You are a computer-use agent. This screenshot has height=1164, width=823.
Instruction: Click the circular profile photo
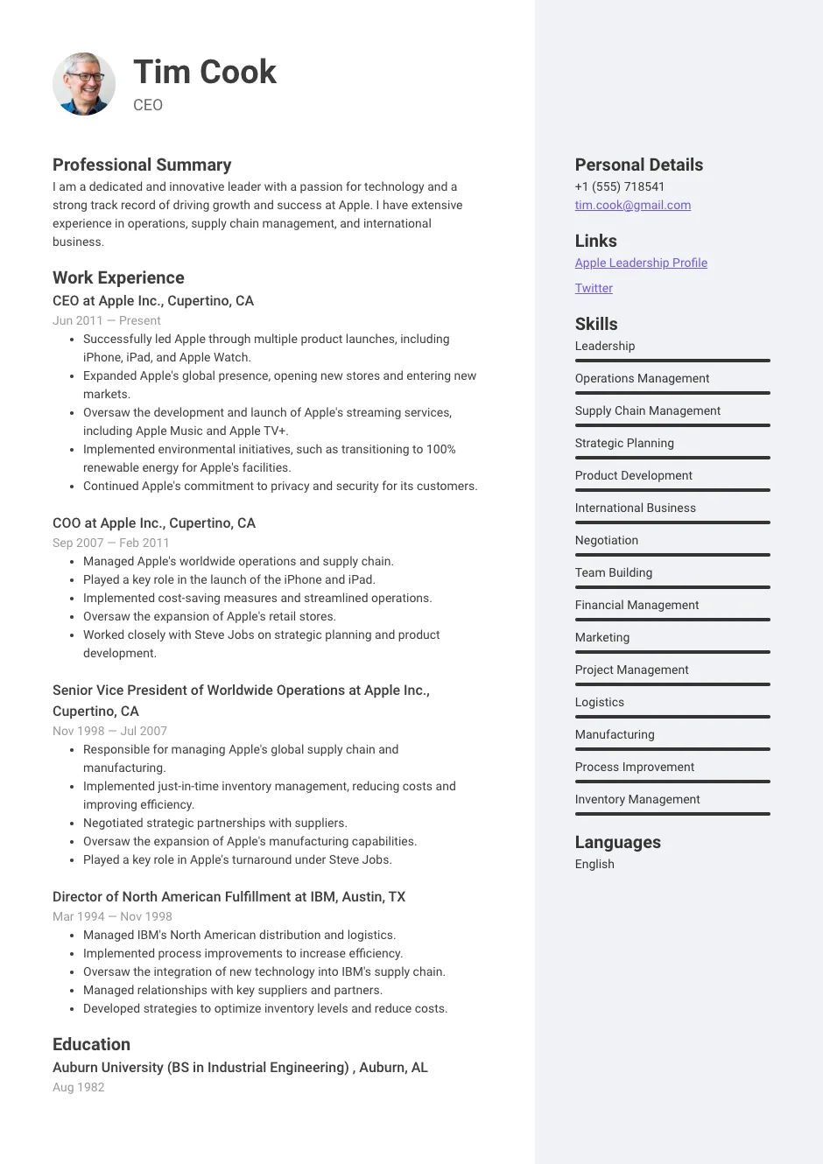coord(84,84)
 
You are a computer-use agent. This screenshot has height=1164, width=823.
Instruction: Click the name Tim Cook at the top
coord(204,72)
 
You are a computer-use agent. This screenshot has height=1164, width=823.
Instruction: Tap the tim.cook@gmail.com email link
coord(632,205)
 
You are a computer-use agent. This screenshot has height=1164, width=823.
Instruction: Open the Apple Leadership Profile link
coord(640,263)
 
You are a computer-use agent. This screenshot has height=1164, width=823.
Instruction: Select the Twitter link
coord(593,288)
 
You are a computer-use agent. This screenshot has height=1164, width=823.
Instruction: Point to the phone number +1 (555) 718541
coord(619,186)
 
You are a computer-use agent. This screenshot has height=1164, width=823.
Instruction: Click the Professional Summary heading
coord(142,165)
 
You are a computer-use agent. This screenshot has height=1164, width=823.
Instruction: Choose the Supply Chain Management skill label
coord(647,410)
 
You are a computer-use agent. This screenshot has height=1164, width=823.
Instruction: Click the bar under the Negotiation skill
coord(672,555)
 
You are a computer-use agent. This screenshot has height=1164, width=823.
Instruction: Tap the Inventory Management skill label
coord(637,799)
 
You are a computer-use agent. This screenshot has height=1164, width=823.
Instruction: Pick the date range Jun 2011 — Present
coord(106,320)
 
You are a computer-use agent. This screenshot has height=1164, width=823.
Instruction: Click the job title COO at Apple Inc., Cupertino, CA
coord(154,522)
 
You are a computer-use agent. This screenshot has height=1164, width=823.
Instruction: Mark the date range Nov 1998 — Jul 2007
coord(109,731)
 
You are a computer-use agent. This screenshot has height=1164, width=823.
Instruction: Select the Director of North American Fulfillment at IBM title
coord(229,896)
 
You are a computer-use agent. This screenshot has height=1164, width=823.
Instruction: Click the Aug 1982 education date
coord(78,1087)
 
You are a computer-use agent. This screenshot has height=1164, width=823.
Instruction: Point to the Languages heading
coord(617,842)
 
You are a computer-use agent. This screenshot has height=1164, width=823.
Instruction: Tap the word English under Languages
coord(594,864)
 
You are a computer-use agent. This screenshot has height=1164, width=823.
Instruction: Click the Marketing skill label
coord(601,637)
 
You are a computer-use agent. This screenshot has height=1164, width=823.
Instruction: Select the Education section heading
coord(91,1044)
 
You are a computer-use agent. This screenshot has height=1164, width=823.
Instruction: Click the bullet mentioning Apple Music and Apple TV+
coord(267,422)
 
